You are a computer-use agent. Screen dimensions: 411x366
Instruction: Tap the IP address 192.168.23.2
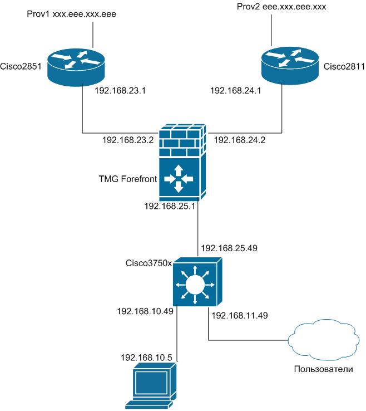click(x=127, y=140)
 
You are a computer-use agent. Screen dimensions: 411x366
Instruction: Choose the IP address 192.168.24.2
click(x=239, y=140)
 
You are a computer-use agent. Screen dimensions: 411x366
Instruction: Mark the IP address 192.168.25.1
click(x=170, y=207)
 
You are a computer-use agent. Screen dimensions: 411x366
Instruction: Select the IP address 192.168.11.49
click(x=240, y=315)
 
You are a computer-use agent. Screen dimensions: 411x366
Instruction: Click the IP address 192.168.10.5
click(x=146, y=355)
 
